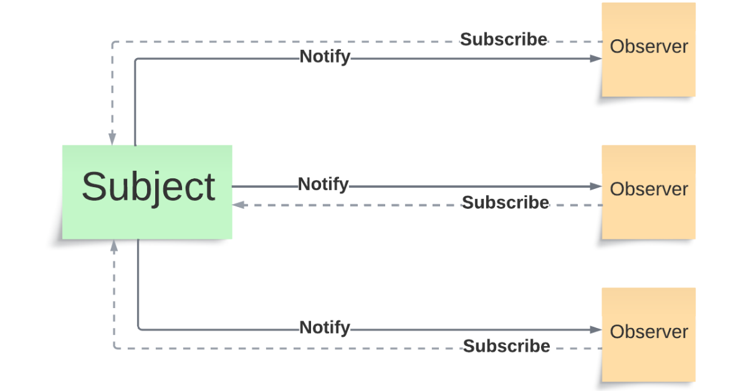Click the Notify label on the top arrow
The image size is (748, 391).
tap(325, 57)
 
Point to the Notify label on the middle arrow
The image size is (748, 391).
tap(323, 185)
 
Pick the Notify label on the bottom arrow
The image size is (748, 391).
tap(325, 327)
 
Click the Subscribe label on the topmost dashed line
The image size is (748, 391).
tap(504, 39)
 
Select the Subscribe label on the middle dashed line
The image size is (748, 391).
tap(506, 203)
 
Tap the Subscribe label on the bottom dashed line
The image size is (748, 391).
tap(506, 346)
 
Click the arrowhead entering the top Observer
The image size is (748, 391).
tap(596, 59)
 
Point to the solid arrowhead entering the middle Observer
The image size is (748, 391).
tap(596, 186)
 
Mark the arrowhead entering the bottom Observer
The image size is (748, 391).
tap(596, 330)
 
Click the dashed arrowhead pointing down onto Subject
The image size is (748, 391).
tap(112, 139)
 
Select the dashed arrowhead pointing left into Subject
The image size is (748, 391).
tap(238, 205)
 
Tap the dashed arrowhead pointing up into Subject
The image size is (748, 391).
tap(113, 246)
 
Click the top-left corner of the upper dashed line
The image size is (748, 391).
tap(113, 43)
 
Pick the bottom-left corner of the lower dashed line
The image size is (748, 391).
tap(115, 347)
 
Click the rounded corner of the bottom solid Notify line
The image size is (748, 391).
tap(139, 328)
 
